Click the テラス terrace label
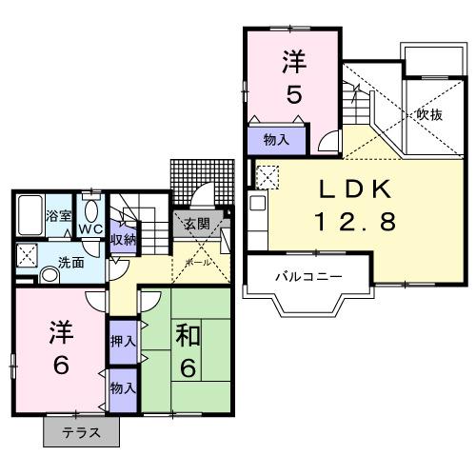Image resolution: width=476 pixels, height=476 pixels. pos(84,433)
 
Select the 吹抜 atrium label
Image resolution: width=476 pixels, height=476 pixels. pos(428,114)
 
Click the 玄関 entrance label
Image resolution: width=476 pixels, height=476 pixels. pos(197,225)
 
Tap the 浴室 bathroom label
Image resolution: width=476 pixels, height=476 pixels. pos(59,216)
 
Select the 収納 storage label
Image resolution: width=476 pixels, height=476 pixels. pos(123,238)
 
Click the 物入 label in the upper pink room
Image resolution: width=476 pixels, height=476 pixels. pos(276,140)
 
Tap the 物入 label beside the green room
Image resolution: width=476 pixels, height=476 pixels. pos(123,388)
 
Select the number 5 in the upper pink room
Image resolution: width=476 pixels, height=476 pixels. pos(292,95)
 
